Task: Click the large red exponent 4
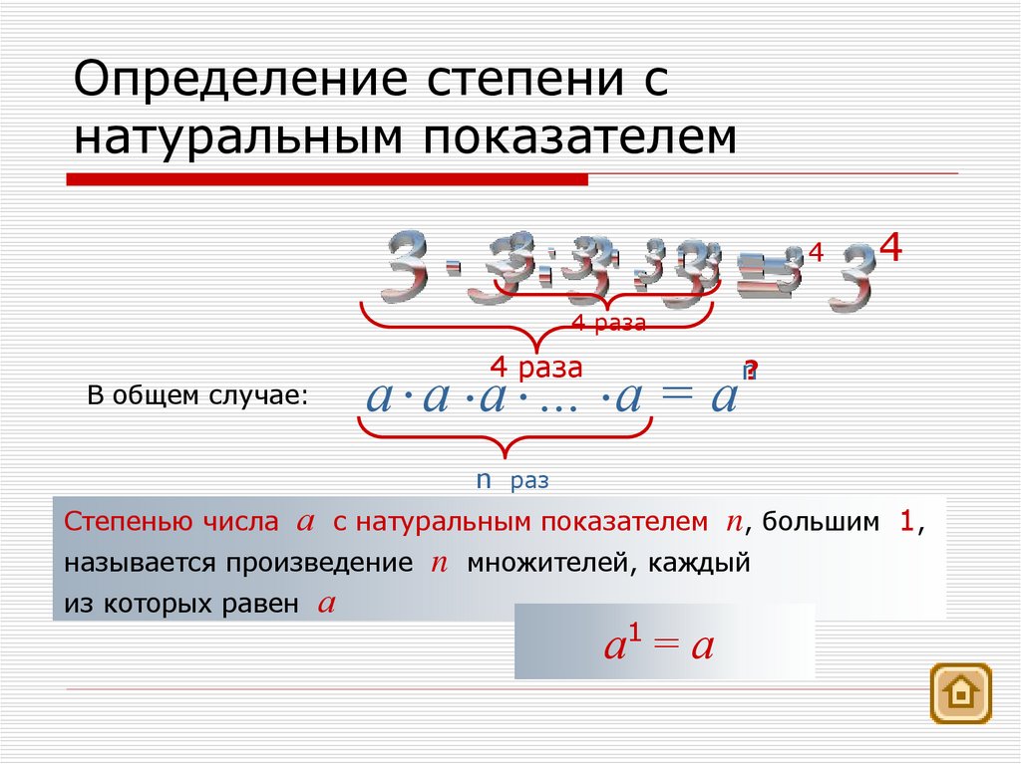(890, 248)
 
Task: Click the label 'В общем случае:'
(198, 395)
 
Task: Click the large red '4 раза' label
(535, 367)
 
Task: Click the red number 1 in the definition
(906, 520)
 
